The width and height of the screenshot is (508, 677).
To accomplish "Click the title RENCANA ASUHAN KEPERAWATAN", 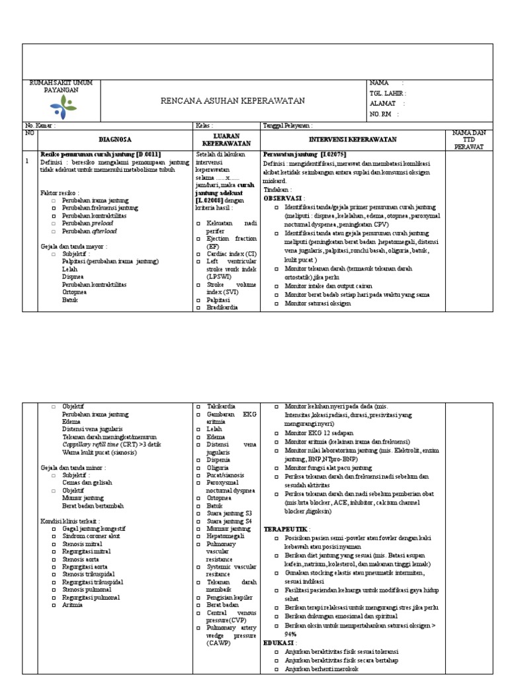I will click(x=233, y=100).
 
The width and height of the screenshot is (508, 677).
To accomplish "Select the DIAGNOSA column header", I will click(x=115, y=139).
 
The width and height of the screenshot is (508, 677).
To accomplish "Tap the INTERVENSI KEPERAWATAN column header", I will click(x=353, y=139).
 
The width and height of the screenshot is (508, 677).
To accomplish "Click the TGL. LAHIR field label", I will click(x=386, y=93).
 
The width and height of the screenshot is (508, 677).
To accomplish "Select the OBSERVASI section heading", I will click(x=283, y=198).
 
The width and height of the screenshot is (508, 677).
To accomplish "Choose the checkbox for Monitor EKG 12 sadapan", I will click(x=276, y=432).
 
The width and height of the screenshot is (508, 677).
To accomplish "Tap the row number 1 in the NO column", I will click(x=26, y=161).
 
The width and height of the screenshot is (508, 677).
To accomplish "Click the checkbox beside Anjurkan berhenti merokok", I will click(x=276, y=668).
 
